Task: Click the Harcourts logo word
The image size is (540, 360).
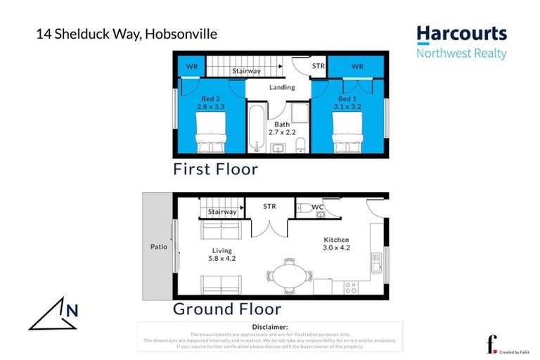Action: (x=461, y=34)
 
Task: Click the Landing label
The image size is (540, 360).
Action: (x=281, y=88)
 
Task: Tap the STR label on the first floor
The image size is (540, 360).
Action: (x=319, y=67)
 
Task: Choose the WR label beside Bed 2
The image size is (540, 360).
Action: (x=191, y=67)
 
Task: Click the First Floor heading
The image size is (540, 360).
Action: (x=216, y=169)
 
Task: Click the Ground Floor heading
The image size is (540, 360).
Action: (x=227, y=309)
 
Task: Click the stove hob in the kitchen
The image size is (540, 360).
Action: (x=349, y=288)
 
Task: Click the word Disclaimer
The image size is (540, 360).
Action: (x=269, y=327)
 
